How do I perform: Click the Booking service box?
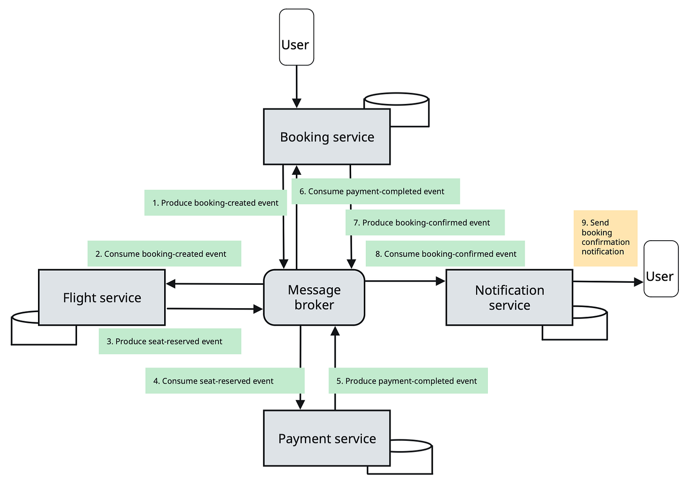[x=327, y=137]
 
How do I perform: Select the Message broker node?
[x=314, y=297]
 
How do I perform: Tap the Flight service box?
[x=102, y=297]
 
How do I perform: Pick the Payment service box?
[x=327, y=438]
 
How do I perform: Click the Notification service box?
[x=509, y=297]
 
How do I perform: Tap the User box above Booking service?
[x=296, y=37]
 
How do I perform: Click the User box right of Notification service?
[x=661, y=269]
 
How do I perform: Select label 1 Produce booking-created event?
[x=216, y=203]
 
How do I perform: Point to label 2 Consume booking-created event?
[x=164, y=254]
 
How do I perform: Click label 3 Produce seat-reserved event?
[x=170, y=341]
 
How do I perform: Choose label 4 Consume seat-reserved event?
[x=225, y=381]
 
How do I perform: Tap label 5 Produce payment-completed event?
[x=408, y=381]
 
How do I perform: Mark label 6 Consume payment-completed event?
[x=375, y=192]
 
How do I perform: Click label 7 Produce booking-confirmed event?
[x=425, y=222]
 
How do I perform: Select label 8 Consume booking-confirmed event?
[x=445, y=254]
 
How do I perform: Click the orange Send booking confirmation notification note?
[x=605, y=238]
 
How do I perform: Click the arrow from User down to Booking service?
[x=296, y=87]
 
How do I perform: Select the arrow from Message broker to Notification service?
[x=405, y=281]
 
